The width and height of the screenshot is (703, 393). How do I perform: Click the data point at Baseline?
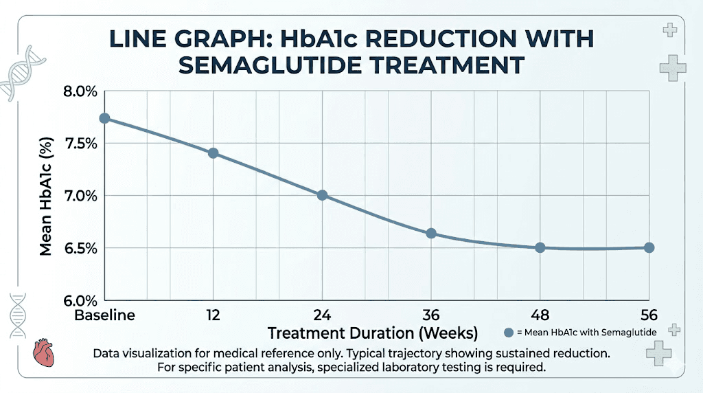(104, 118)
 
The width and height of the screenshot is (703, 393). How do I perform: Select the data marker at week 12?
(213, 153)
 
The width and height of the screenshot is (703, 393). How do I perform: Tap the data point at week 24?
(322, 195)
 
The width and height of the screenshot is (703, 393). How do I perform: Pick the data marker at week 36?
(431, 234)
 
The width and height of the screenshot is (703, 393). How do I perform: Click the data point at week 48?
(540, 247)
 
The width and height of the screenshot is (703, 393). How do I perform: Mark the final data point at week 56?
(649, 247)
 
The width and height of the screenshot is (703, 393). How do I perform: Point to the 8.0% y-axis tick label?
(79, 92)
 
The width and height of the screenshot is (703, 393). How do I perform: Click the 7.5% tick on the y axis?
(79, 144)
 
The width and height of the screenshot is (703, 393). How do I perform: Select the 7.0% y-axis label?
(79, 196)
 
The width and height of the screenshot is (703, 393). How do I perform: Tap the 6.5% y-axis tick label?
(79, 248)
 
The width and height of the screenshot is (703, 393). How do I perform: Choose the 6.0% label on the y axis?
(79, 300)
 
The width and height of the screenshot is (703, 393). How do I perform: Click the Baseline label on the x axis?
(104, 316)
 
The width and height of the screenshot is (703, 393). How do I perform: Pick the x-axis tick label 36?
(431, 316)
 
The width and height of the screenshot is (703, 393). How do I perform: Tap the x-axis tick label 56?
(648, 316)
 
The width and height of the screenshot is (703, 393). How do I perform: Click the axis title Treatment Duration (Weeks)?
(372, 334)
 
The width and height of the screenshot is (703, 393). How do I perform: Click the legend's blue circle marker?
(509, 333)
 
